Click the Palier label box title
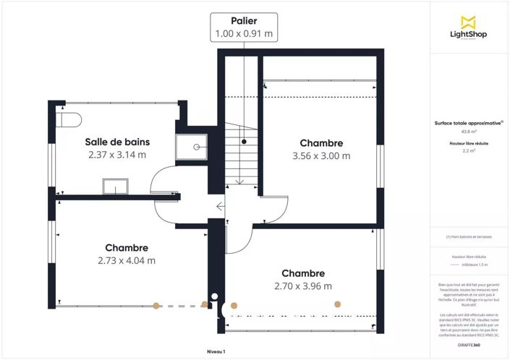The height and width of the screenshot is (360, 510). click(245, 20)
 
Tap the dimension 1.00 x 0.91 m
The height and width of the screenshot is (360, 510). click(245, 33)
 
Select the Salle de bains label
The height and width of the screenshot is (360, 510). click(116, 142)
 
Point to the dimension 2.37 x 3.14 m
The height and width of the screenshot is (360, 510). click(116, 155)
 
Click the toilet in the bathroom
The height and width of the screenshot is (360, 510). click(69, 119)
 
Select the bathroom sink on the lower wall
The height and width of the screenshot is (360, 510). click(115, 187)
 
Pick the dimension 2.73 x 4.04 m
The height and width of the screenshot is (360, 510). click(127, 260)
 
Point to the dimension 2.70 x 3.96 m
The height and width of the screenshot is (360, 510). click(303, 286)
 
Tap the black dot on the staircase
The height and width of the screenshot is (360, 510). click(245, 142)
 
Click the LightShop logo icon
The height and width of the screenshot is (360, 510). click(469, 22)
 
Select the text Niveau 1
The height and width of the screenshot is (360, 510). click(216, 351)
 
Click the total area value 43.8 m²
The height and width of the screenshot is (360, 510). click(469, 132)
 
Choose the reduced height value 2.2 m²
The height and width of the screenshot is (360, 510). click(469, 151)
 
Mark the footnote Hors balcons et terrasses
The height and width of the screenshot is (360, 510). click(469, 236)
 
